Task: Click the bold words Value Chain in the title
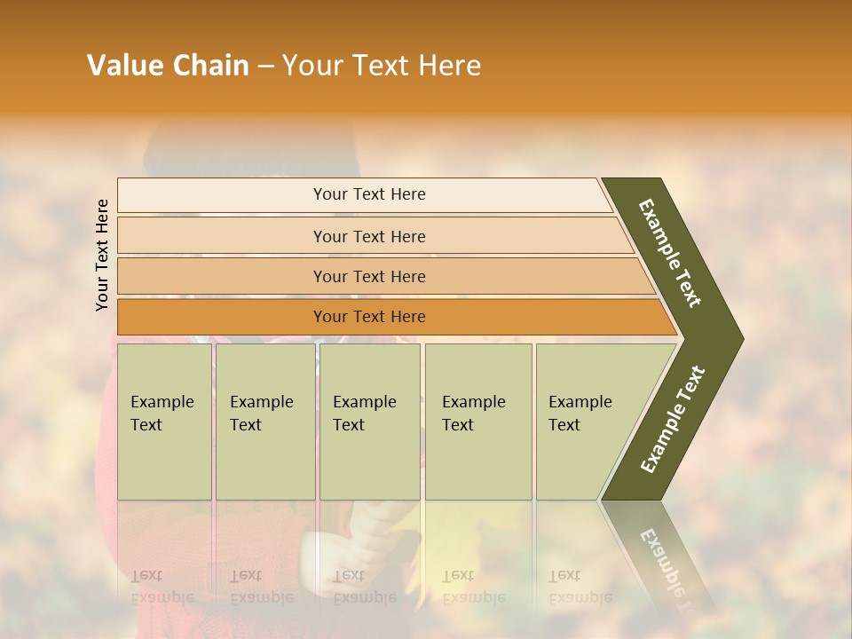(168, 66)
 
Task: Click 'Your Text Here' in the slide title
(382, 66)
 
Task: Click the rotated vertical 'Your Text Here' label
(102, 255)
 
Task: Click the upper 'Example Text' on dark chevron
(670, 253)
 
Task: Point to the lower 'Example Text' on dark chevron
(673, 420)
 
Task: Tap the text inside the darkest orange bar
(369, 317)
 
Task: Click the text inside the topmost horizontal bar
(369, 194)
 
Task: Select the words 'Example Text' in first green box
(162, 413)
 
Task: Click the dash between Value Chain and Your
(265, 67)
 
